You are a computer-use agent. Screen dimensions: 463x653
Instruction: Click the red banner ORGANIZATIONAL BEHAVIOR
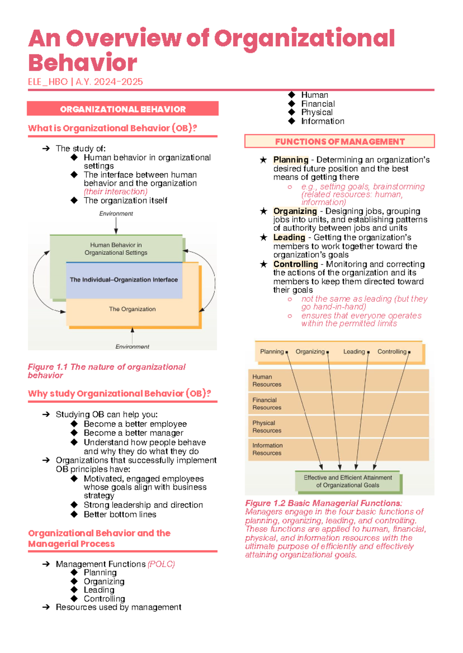point(123,109)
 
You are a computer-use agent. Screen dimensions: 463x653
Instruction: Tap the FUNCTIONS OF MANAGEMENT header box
point(340,141)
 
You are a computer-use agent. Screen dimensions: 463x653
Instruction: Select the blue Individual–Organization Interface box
point(124,280)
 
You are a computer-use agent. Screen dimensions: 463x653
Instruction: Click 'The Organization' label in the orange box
point(132,309)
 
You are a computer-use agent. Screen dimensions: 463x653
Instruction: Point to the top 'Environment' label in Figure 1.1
point(116,214)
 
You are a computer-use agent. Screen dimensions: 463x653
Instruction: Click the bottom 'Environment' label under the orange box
point(132,347)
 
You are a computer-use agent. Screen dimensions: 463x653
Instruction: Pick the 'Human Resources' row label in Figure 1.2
point(267,380)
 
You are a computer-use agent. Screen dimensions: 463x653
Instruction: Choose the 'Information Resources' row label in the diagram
point(267,449)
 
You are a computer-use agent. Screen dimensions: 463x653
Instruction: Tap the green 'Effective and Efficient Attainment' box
point(348,481)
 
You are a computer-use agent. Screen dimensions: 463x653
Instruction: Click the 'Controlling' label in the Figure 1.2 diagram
point(392,352)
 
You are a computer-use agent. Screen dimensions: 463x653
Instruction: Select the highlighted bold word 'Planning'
point(291,160)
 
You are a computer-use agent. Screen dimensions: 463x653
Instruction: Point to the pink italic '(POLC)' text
point(161,564)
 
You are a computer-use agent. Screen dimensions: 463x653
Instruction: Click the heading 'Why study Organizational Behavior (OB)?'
point(119,394)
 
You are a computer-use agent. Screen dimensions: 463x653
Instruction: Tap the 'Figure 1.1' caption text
point(106,371)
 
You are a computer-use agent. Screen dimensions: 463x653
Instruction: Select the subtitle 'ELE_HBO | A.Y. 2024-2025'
point(85,82)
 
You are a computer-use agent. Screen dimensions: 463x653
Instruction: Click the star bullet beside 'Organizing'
point(264,211)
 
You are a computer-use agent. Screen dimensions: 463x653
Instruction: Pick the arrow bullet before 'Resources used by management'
point(46,607)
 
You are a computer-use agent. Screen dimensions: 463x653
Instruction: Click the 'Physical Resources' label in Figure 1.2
point(267,427)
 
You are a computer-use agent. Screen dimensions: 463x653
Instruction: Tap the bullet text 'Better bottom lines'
point(120,514)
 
